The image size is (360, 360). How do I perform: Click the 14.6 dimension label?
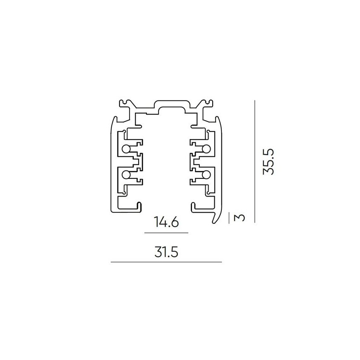[166, 222]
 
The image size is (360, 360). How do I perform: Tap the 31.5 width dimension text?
[166, 252]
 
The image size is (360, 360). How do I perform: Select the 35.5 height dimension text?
[269, 162]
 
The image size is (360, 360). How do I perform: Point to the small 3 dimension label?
[240, 217]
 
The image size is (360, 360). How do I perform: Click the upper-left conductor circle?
[126, 149]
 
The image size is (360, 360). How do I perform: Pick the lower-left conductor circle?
[126, 175]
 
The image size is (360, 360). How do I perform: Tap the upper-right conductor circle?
[206, 149]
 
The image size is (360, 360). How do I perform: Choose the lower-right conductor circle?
[206, 175]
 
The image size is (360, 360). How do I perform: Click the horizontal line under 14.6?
[166, 233]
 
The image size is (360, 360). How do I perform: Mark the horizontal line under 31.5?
[166, 262]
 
